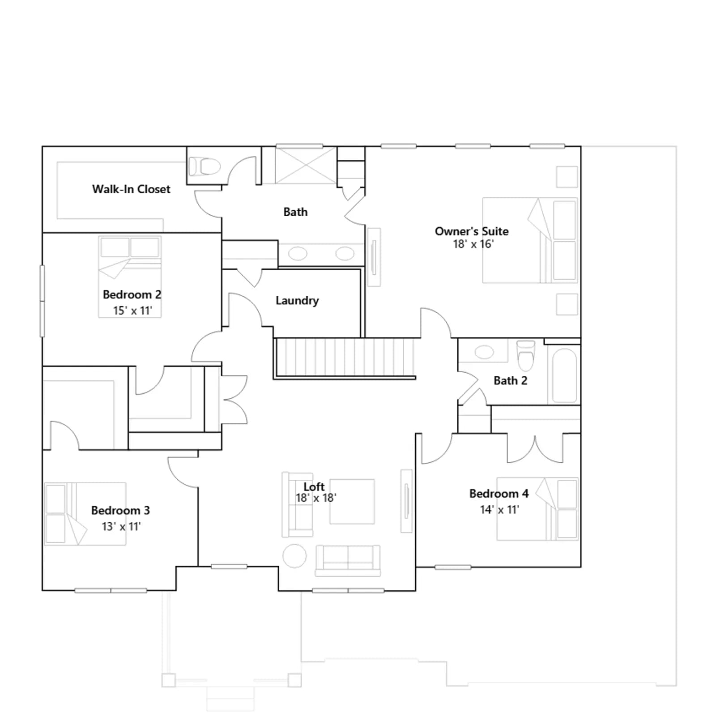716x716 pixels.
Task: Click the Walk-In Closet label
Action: click(x=131, y=189)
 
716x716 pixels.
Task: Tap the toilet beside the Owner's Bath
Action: click(x=205, y=166)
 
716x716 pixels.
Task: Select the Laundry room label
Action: click(x=297, y=301)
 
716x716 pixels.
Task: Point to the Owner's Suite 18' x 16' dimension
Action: click(x=473, y=244)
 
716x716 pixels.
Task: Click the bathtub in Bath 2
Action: click(x=564, y=376)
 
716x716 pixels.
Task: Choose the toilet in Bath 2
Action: click(x=525, y=356)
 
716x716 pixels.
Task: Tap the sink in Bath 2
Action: click(x=484, y=352)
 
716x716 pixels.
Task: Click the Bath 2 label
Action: click(x=510, y=381)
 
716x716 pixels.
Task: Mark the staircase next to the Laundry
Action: click(x=345, y=358)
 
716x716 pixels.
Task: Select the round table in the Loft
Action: click(x=295, y=556)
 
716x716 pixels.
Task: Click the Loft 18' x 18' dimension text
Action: click(x=316, y=498)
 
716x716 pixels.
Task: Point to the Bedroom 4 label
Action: click(x=499, y=494)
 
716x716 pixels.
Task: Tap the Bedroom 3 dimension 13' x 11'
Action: click(x=121, y=527)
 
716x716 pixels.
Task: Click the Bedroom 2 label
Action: click(x=132, y=294)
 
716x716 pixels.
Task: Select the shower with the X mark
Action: click(x=306, y=165)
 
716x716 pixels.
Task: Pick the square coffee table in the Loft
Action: click(x=352, y=502)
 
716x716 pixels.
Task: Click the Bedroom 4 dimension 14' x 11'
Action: click(x=499, y=510)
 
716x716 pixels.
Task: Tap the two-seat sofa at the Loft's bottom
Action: click(x=348, y=560)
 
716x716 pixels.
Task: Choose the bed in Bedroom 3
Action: click(x=85, y=514)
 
